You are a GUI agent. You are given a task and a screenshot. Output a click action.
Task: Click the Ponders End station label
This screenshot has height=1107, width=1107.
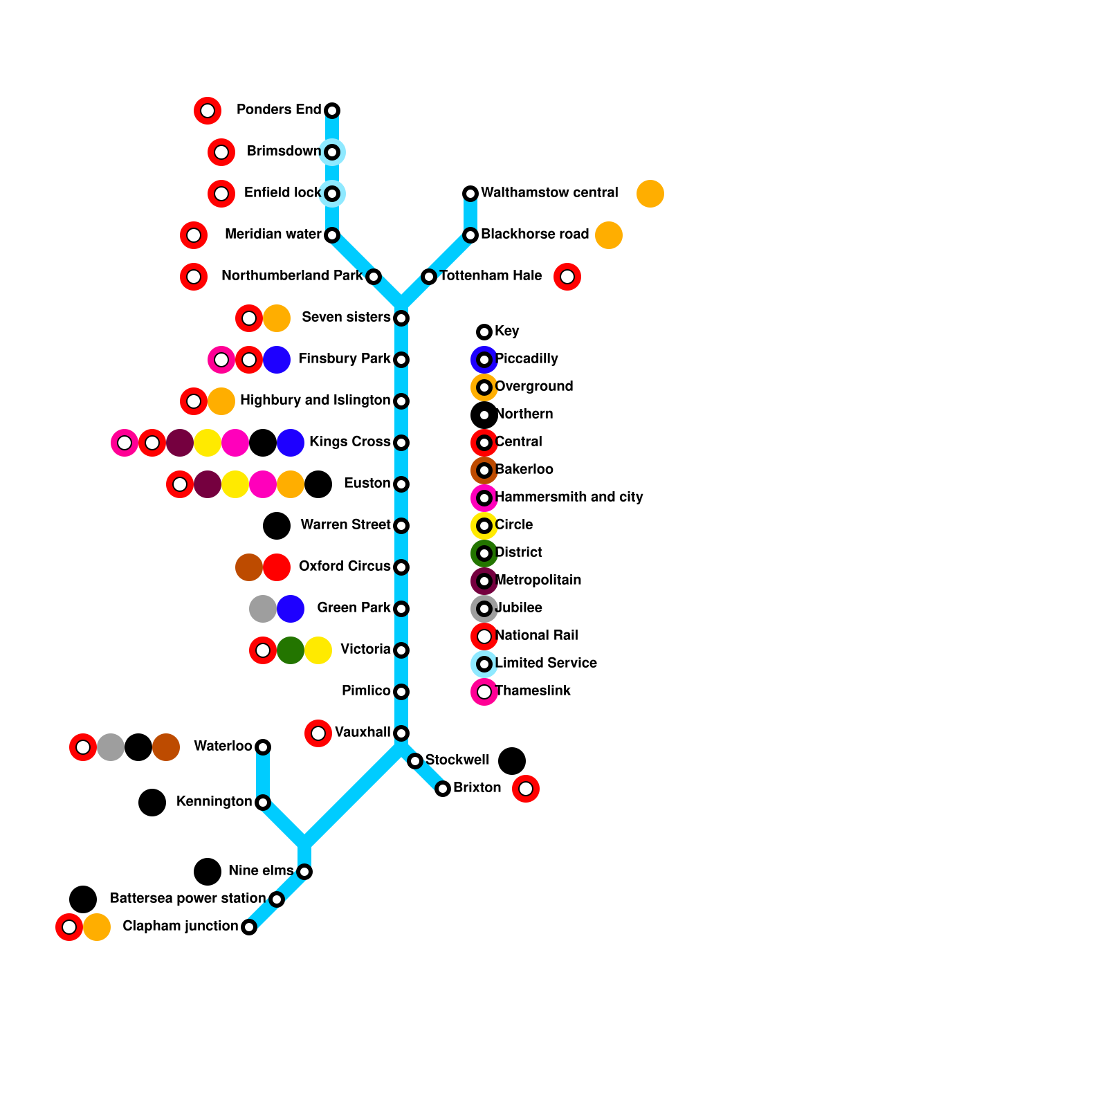click(279, 110)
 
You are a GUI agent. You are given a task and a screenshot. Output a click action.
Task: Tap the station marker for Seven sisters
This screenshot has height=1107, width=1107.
click(401, 318)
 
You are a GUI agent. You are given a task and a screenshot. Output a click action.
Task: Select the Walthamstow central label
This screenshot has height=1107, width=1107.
click(549, 193)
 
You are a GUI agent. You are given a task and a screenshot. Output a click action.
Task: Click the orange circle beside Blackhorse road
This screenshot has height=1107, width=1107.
click(609, 235)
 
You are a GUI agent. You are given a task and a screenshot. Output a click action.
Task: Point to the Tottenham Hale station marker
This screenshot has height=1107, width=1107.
click(429, 277)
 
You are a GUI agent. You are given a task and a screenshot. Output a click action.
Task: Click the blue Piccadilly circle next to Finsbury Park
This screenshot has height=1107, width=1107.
click(277, 360)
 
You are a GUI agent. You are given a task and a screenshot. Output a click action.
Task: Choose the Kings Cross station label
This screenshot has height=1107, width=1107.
click(349, 442)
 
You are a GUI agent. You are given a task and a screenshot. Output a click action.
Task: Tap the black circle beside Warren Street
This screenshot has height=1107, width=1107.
click(277, 526)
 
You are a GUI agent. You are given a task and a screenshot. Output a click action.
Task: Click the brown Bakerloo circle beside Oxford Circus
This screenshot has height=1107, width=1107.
click(249, 567)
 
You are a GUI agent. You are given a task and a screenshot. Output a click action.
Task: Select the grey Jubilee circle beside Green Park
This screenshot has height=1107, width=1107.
click(263, 609)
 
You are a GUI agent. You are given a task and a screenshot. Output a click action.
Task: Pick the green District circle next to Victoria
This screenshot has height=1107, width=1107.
click(291, 650)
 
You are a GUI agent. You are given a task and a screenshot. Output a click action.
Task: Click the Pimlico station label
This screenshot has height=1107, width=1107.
click(366, 691)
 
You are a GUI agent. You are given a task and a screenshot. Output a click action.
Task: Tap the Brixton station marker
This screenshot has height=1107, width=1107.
click(443, 789)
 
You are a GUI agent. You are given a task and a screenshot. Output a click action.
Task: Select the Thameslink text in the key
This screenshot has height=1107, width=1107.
click(533, 691)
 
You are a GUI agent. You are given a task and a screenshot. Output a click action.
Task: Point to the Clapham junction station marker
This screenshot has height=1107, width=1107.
click(249, 927)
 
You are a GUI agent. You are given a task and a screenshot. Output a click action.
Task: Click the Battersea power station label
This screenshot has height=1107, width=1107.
click(187, 899)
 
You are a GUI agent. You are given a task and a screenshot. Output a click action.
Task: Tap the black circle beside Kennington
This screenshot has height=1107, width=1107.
click(152, 803)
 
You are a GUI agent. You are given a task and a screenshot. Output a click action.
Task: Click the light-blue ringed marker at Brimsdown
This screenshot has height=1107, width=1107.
click(332, 152)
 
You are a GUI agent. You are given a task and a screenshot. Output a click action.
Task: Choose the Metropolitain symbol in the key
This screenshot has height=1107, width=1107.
click(484, 581)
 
